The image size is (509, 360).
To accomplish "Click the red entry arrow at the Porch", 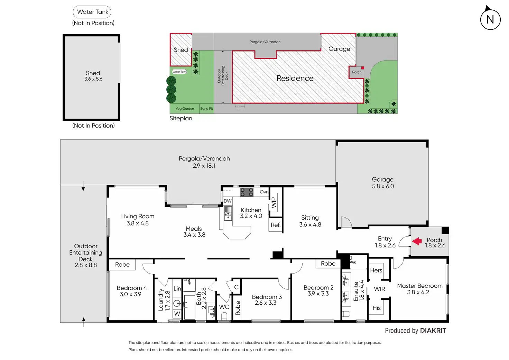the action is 417,241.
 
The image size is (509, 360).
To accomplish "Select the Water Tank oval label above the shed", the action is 92,12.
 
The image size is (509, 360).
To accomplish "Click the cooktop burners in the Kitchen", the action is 247,192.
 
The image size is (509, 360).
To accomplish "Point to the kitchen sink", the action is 228,214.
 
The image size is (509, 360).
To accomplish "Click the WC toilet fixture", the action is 224,316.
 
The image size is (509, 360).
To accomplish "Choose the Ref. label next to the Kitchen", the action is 276,225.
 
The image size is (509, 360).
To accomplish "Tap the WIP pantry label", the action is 274,203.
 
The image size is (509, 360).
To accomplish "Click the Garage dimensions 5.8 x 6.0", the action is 383,186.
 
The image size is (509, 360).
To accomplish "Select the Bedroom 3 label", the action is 267,297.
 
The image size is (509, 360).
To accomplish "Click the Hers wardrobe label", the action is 376,270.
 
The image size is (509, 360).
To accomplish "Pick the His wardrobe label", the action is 377,308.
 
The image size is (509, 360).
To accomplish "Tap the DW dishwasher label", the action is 228,201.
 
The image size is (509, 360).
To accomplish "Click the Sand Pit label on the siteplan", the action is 206,108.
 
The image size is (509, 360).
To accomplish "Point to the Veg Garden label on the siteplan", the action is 185,108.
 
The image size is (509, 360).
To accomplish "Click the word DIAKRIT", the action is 433,331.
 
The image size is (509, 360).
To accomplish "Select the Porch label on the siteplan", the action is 357,72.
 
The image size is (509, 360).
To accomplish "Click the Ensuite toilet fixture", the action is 346,314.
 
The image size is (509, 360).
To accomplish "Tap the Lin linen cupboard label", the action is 177,288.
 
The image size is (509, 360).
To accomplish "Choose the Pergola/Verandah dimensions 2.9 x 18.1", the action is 204,166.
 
